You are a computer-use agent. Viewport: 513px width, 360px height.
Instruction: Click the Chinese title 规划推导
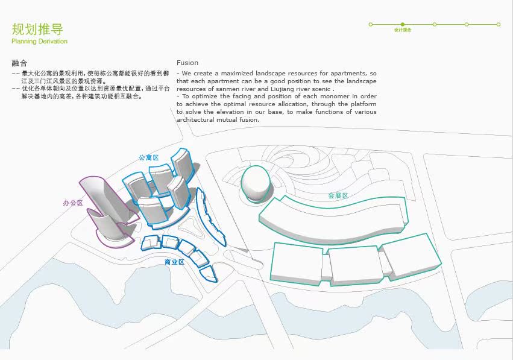point(37,29)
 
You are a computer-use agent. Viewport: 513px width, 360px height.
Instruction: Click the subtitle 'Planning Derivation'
point(39,42)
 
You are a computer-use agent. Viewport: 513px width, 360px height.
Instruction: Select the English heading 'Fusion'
point(187,63)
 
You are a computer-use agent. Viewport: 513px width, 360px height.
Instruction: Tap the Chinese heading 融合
point(19,63)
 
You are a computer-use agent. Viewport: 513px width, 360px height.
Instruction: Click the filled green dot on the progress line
point(403,25)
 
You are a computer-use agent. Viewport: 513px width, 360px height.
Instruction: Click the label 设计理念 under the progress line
point(403,30)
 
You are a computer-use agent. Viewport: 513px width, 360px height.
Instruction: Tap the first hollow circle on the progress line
point(371,25)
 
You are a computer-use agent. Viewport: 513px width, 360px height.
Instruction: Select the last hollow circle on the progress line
point(499,25)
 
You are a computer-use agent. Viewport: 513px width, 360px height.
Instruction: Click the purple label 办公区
point(72,203)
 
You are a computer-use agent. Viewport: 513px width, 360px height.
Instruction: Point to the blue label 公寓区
point(148,157)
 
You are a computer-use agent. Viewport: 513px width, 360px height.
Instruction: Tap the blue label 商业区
point(174,262)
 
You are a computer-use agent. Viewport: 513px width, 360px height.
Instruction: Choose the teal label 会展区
point(338,195)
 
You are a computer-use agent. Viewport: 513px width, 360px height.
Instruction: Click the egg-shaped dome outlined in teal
point(256,184)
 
